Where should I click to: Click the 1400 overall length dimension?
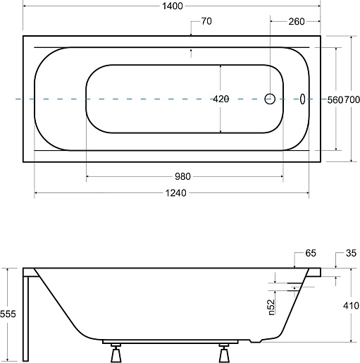tap(173, 6)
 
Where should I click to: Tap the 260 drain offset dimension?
tap(297, 22)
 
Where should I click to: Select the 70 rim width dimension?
tap(206, 21)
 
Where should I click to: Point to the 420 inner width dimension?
tap(221, 99)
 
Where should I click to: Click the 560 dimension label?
tap(335, 100)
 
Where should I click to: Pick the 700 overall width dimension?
tap(352, 100)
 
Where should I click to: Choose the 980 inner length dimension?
tap(182, 176)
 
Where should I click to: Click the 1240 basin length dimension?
tap(176, 193)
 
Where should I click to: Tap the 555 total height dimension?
tap(8, 314)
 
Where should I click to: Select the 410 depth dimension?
tap(352, 306)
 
